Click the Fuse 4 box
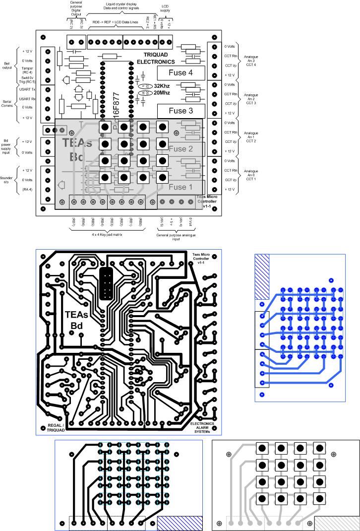180,73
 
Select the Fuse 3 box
180,111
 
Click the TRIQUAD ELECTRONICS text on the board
156,58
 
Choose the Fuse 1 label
180,187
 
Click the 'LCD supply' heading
165,8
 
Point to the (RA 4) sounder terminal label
28,190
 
